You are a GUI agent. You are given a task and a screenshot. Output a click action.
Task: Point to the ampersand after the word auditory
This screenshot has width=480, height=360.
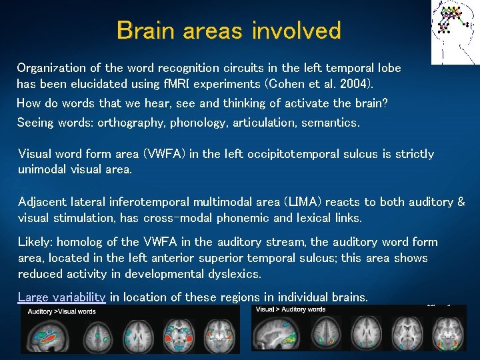pos(461,202)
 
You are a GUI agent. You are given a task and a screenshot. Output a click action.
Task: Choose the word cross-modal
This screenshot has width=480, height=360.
pos(152,218)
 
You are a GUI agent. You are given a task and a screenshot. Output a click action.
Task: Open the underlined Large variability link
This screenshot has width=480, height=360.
pos(61,297)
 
